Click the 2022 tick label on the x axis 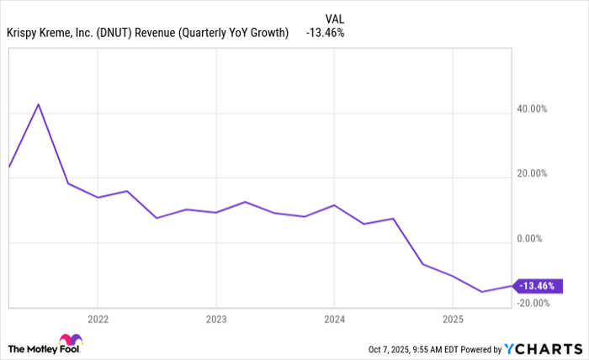[x=98, y=320]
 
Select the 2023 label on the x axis [x=216, y=320]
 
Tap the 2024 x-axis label [x=334, y=320]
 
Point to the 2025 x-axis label [x=453, y=320]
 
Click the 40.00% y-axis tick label [x=531, y=109]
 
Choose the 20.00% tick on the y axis [x=531, y=174]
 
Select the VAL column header [x=333, y=18]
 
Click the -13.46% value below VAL [x=325, y=33]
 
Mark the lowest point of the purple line [x=482, y=292]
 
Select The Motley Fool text [x=33, y=348]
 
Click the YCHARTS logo [x=542, y=349]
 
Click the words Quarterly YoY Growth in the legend [x=240, y=33]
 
